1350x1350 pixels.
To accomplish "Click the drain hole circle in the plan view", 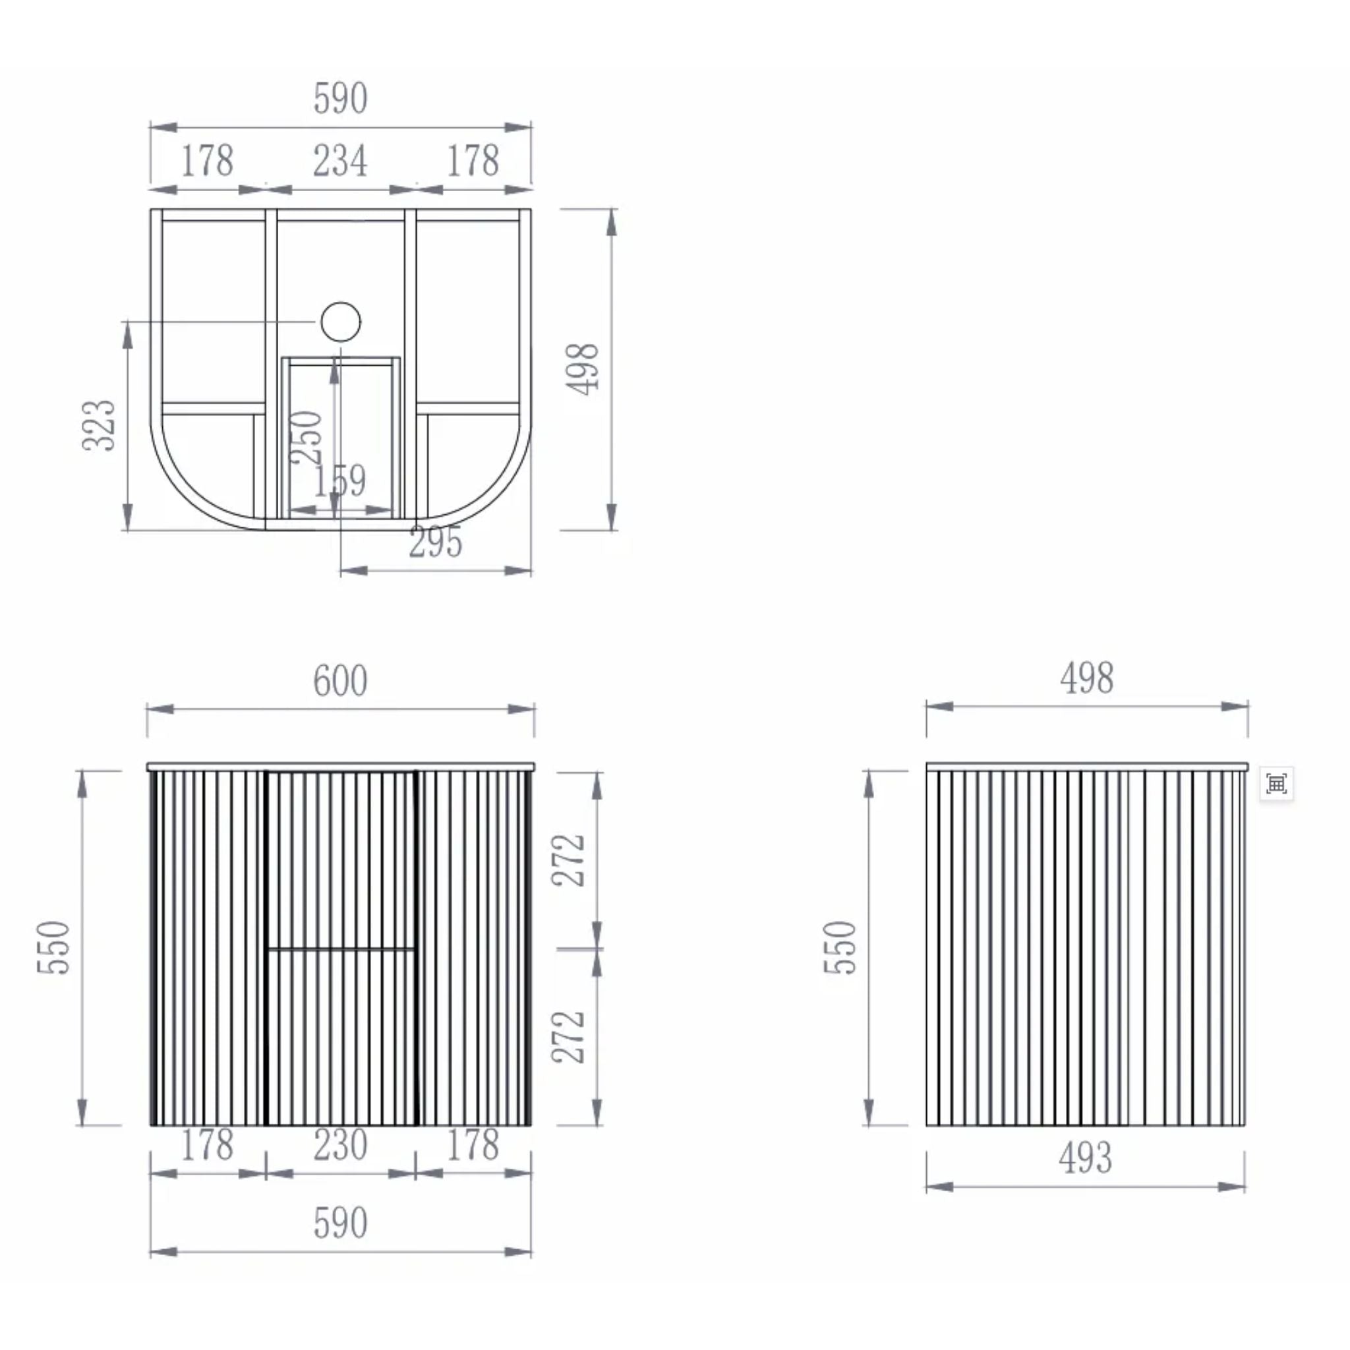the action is tap(341, 322).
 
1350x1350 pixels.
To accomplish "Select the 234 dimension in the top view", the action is tap(340, 161).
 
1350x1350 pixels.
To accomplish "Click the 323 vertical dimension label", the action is tap(98, 426).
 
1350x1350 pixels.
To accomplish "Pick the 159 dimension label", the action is tap(339, 480).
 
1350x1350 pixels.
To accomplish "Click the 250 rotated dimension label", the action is tap(307, 438).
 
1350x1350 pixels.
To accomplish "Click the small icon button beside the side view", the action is tap(1277, 784).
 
